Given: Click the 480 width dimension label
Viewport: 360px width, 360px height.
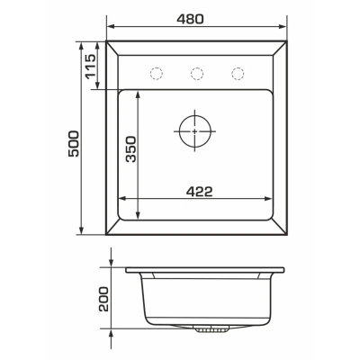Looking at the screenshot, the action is click(x=190, y=19).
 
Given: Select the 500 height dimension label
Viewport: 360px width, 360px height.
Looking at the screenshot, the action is click(x=74, y=143).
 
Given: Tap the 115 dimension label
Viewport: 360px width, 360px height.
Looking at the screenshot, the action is click(x=90, y=67).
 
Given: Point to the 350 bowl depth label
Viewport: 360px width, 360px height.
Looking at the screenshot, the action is click(x=130, y=149).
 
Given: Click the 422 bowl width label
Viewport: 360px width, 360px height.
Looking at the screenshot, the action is click(x=199, y=192).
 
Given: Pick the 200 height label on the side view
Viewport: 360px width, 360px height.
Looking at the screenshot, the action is click(x=103, y=299).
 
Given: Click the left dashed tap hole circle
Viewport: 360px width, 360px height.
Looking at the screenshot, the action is click(x=156, y=74).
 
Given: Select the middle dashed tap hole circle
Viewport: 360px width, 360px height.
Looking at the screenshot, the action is click(x=197, y=74).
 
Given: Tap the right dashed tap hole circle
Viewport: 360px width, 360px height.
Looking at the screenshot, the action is click(x=238, y=74).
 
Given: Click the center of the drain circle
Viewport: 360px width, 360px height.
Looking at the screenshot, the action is click(x=195, y=131).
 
